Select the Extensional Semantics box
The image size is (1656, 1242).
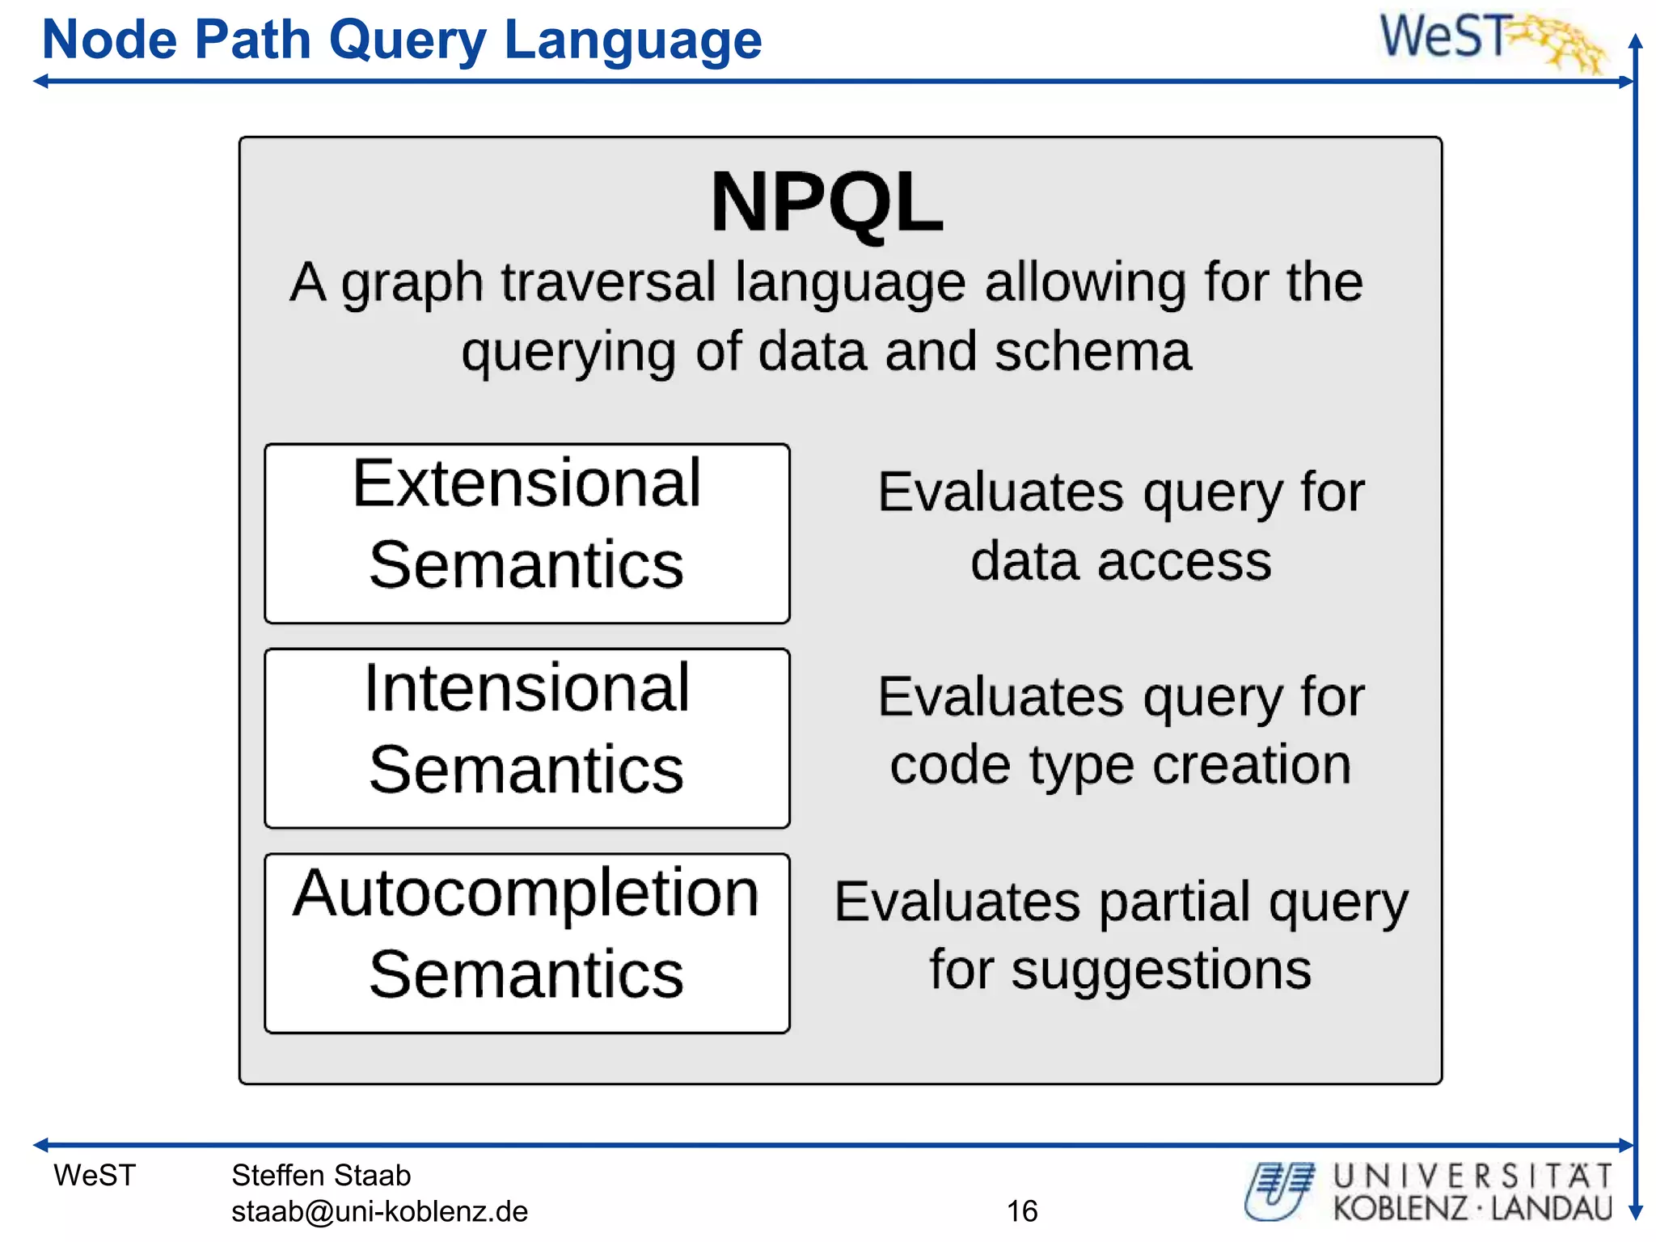coord(526,533)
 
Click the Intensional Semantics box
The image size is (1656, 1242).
coord(526,737)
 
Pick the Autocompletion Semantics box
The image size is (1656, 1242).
coord(526,943)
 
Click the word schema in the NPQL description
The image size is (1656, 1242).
coord(1092,352)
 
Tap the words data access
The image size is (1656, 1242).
coord(1121,561)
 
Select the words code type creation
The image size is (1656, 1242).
coord(1121,765)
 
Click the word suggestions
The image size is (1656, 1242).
coord(1161,970)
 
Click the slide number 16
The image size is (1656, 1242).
coord(1022,1211)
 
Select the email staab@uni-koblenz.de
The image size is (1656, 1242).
coord(379,1211)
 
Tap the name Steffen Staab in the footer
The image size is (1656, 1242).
coord(321,1175)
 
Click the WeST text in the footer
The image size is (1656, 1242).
coord(95,1175)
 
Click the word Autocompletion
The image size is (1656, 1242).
coord(526,894)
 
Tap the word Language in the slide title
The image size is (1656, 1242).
coord(632,40)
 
